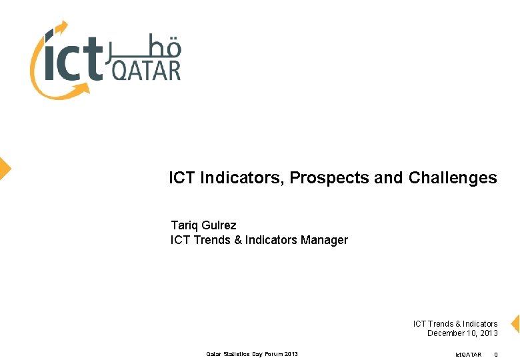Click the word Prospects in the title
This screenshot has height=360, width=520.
coord(329,179)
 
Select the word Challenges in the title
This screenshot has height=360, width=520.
coord(453,178)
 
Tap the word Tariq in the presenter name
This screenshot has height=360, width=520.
coord(184,225)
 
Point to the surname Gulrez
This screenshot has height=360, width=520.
coord(219,225)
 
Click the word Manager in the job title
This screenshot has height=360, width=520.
coord(324,240)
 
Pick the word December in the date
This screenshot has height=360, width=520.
coord(448,333)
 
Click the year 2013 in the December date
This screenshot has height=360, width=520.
coord(488,333)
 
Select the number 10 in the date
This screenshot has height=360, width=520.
coord(472,333)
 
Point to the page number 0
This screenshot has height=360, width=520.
coord(495,354)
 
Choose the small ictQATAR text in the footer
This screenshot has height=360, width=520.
coord(468,354)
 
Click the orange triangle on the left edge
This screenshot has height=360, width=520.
coord(5,168)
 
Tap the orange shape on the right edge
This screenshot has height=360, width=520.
coord(515,324)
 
